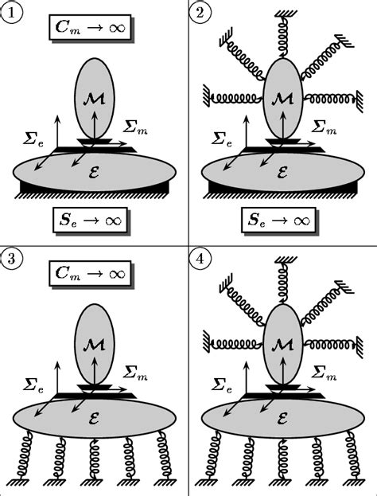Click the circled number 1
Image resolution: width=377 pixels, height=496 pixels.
coord(11,13)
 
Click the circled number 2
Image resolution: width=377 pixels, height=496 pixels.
coord(201,13)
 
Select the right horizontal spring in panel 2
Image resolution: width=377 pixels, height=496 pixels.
coord(328,99)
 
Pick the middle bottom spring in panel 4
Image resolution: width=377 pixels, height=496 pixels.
coord(282,460)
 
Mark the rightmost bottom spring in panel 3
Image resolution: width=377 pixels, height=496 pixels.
coord(165,454)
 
